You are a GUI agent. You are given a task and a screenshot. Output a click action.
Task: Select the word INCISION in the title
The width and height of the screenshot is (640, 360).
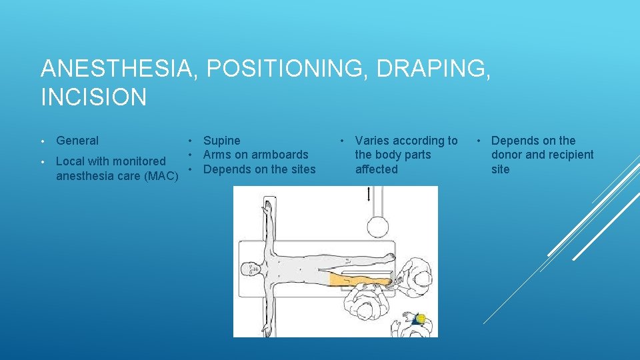point(93,97)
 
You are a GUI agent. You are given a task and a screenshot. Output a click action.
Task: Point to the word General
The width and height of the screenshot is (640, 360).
point(77,141)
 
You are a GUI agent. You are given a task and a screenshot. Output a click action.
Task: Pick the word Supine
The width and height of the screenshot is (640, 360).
point(222,141)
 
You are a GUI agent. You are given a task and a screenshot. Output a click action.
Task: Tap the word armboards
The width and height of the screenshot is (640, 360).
point(280,155)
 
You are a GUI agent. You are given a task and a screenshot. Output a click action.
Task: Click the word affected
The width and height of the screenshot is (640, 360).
point(376,169)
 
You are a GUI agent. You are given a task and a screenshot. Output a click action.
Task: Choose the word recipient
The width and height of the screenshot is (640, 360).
point(569,155)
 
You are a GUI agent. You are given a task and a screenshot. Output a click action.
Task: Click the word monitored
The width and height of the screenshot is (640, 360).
point(139,161)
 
